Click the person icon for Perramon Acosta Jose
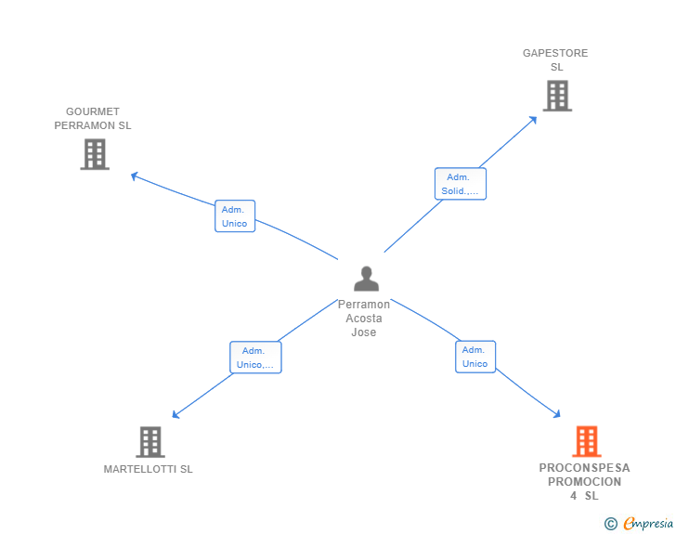[366, 279]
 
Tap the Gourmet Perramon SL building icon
[95, 154]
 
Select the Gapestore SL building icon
[556, 96]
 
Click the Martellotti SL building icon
[149, 442]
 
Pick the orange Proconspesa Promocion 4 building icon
[586, 442]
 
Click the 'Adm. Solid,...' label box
[461, 184]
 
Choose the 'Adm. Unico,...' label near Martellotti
[255, 358]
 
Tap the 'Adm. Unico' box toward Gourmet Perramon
[234, 216]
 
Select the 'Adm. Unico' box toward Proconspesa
[474, 357]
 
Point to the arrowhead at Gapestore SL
[534, 118]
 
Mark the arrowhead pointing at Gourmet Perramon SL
[134, 175]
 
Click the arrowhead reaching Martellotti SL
[175, 415]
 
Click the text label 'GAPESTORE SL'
[555, 59]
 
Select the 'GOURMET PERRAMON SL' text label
[93, 118]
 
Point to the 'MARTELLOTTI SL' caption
[149, 469]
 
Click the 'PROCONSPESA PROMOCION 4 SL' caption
[584, 481]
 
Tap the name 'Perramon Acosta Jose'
[364, 318]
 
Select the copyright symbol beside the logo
[610, 524]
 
